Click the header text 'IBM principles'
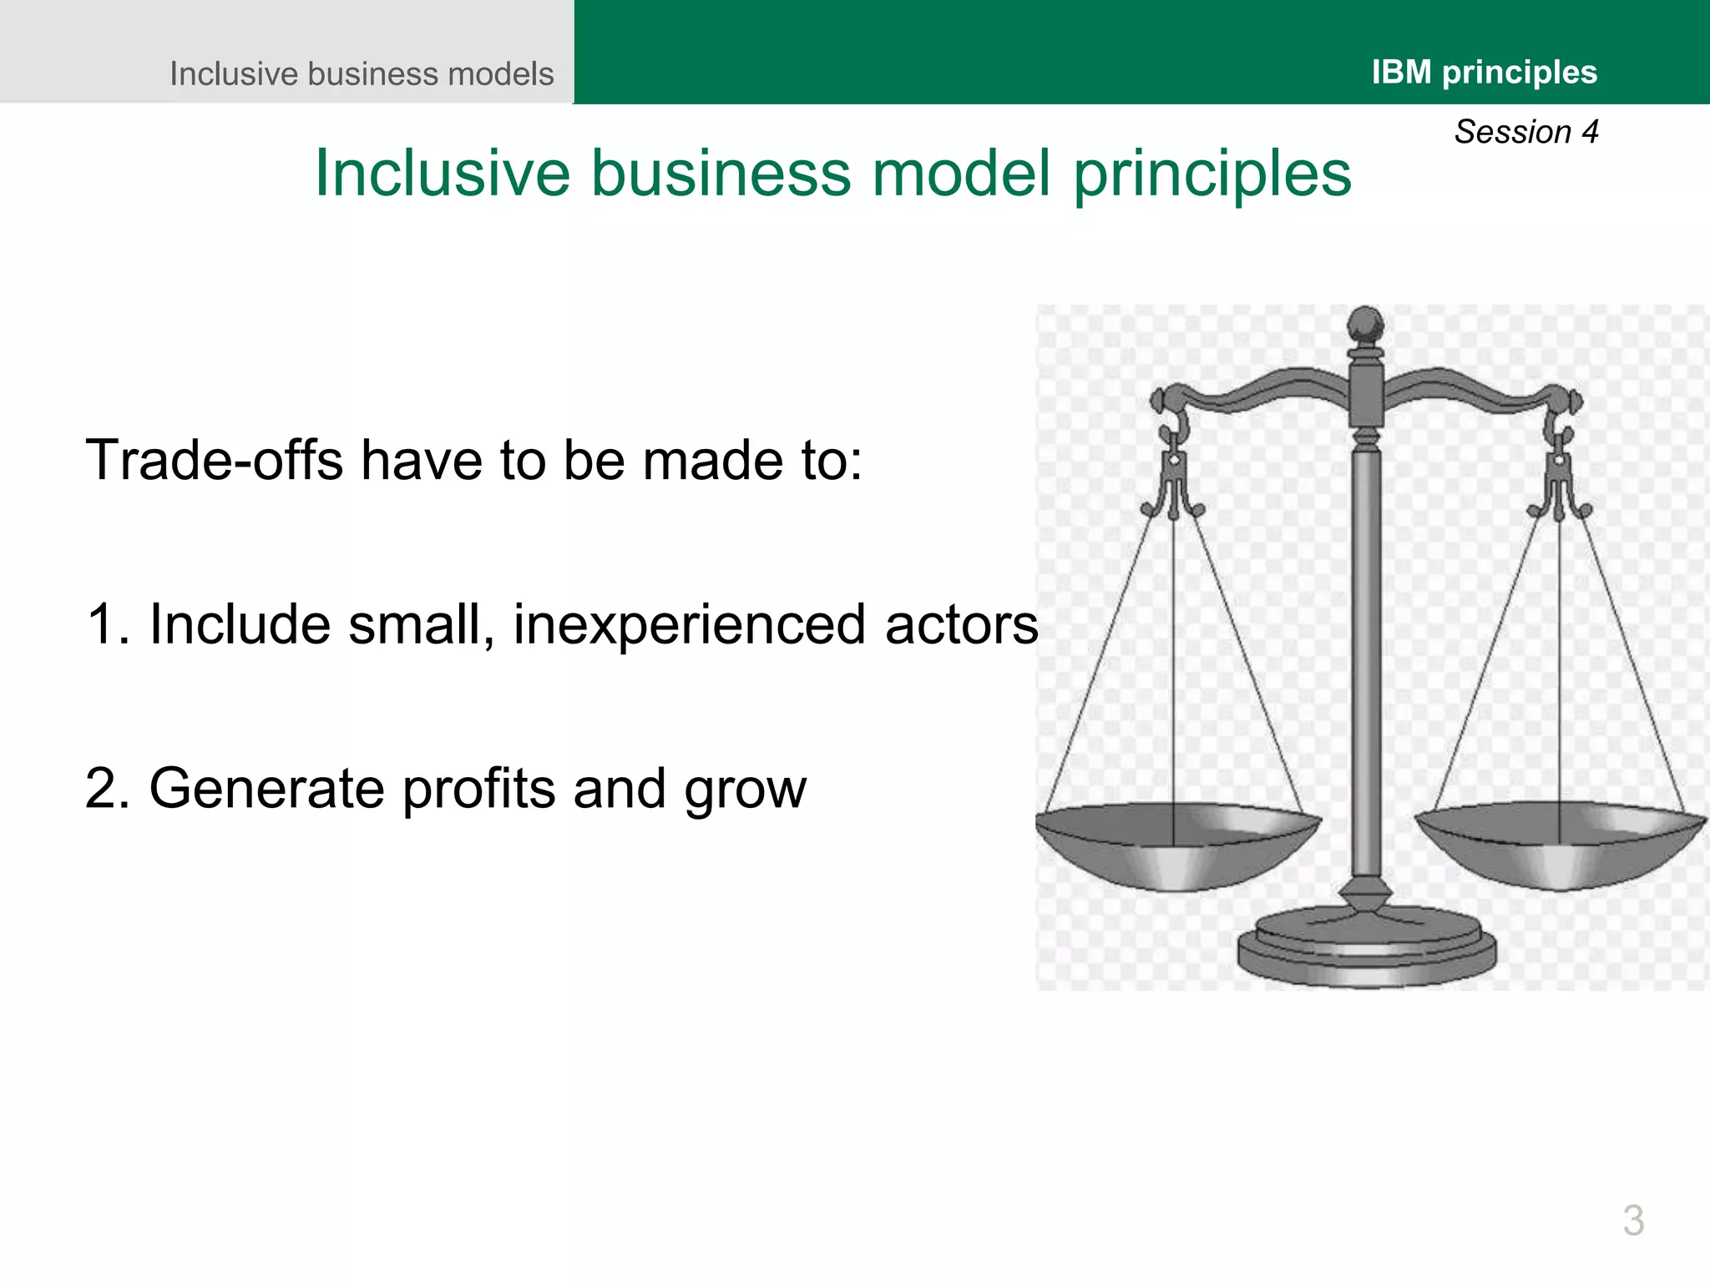point(1484,73)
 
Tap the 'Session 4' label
point(1525,132)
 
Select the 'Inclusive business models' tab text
point(362,73)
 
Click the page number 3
point(1633,1220)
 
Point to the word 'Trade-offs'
point(214,460)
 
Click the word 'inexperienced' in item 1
point(690,624)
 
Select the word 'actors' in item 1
point(961,626)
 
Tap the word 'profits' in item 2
point(478,790)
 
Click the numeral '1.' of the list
point(108,624)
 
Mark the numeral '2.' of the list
point(108,789)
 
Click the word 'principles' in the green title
point(1212,174)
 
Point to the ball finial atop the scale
point(1366,324)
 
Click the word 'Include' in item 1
point(239,624)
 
